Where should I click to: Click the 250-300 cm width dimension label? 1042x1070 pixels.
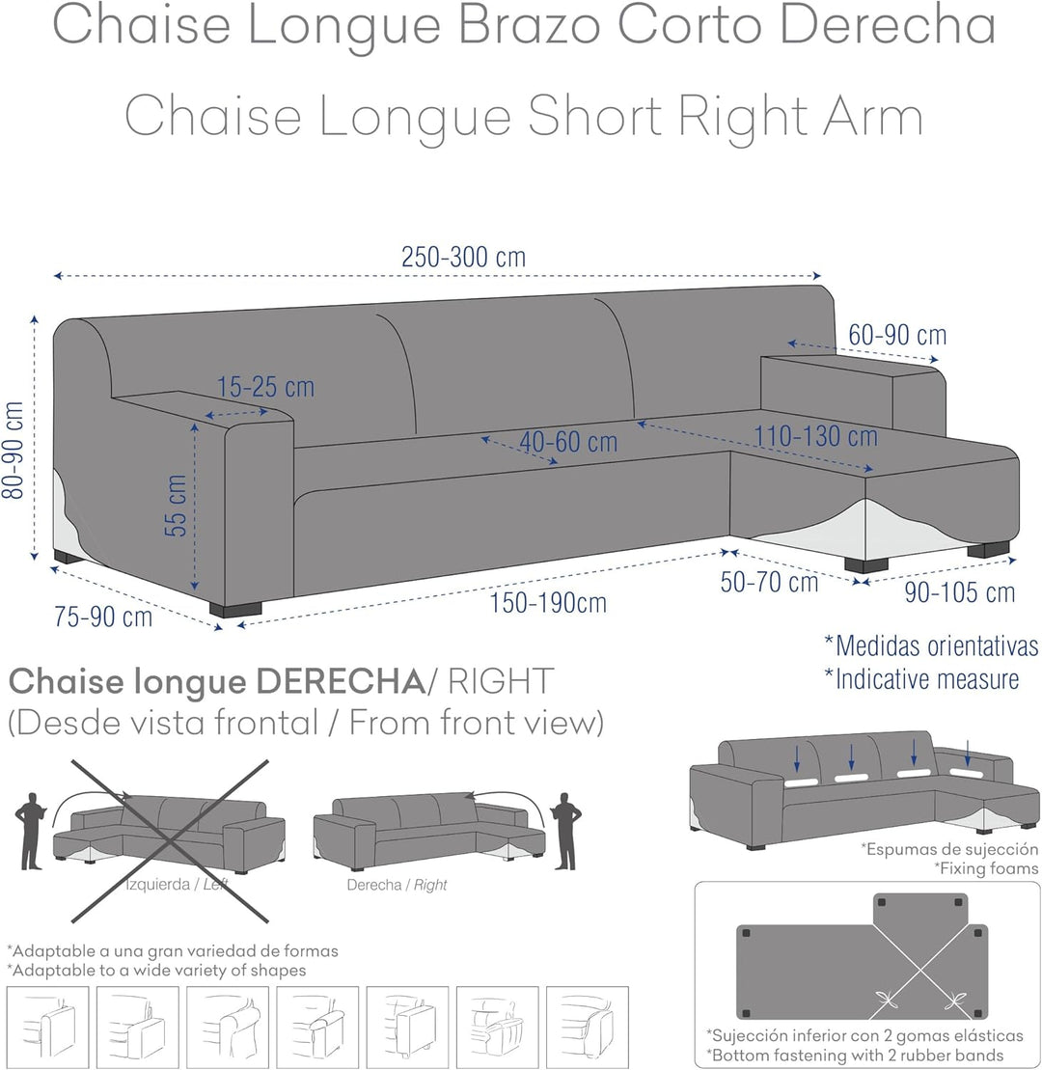(463, 258)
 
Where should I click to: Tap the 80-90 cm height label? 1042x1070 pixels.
(14, 451)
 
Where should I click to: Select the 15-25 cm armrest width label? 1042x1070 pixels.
(265, 387)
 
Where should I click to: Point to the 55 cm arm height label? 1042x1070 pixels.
(176, 506)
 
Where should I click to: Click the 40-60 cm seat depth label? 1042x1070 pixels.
(568, 442)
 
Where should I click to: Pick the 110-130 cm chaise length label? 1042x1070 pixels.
(815, 436)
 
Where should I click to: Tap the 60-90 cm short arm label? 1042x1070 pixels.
(897, 335)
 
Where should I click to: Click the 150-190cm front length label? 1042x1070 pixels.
(548, 603)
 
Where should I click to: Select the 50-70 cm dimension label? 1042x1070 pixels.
(769, 582)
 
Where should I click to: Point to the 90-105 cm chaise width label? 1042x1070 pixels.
(959, 592)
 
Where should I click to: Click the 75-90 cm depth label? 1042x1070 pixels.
(103, 617)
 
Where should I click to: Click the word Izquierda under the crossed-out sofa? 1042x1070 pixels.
(157, 885)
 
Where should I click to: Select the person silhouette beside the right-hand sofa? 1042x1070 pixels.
(565, 831)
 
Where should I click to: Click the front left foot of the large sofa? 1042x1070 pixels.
(235, 609)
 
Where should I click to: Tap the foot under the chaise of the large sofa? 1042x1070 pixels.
(866, 564)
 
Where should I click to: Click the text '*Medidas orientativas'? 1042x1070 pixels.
(931, 645)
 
